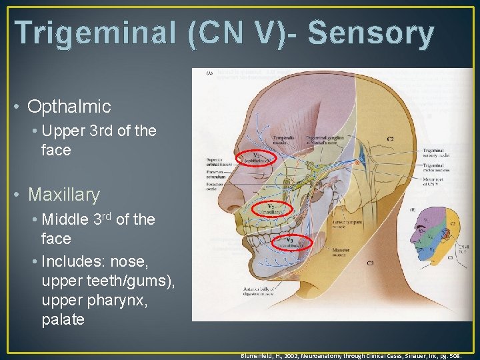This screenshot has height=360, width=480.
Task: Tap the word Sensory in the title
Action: coord(371,33)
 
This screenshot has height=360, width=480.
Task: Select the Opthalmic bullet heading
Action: coord(69,106)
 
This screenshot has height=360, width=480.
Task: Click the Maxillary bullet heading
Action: coord(64,195)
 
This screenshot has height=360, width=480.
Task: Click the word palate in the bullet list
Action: coord(63,319)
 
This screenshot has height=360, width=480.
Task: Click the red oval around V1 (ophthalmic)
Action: coord(252,159)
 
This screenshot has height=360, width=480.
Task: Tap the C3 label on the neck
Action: coord(371,263)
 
